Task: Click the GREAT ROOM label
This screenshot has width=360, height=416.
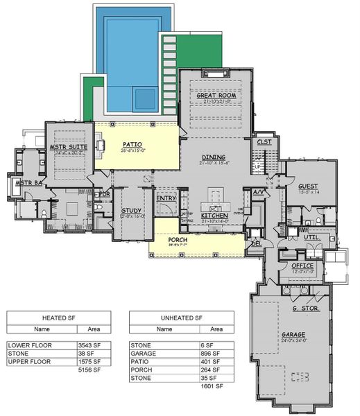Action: click(215, 96)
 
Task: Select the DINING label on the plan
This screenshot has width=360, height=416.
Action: click(214, 157)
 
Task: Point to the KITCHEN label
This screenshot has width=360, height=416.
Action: click(214, 215)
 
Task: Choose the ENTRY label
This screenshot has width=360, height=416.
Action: click(166, 198)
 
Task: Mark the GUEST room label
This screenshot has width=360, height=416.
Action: click(308, 186)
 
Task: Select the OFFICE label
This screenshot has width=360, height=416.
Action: click(302, 265)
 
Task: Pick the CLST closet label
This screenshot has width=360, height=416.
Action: click(264, 141)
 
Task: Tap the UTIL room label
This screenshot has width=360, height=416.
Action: click(311, 236)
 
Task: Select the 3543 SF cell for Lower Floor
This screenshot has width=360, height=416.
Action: click(90, 344)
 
